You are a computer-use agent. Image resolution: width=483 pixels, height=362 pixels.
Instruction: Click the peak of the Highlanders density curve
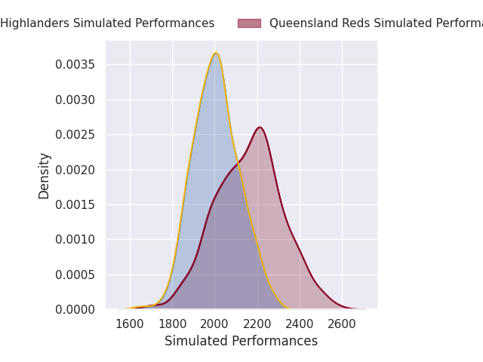216,53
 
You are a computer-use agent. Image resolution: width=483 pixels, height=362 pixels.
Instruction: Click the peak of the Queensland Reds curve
259,127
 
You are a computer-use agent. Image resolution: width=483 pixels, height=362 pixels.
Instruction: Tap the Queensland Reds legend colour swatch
249,23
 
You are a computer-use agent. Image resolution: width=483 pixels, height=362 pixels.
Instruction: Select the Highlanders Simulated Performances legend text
107,23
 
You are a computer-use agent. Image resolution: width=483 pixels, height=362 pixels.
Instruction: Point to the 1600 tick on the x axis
130,324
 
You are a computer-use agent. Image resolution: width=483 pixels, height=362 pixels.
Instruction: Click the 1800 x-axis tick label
173,324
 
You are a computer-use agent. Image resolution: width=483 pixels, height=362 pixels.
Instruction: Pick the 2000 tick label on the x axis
215,324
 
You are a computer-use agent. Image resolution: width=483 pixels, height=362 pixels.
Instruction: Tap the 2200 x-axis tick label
257,324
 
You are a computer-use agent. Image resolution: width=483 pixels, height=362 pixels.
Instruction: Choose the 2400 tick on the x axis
300,324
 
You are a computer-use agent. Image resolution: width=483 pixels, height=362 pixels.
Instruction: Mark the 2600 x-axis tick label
343,324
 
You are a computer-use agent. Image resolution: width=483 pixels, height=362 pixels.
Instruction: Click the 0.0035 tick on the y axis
75,65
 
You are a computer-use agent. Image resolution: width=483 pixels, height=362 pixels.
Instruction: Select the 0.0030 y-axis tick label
75,100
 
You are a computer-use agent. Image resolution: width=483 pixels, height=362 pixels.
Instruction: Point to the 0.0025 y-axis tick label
75,135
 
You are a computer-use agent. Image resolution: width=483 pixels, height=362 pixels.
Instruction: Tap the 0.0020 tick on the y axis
75,170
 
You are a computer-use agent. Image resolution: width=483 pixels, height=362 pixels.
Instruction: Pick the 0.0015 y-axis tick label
75,204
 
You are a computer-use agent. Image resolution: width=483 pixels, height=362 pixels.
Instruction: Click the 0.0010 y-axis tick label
75,240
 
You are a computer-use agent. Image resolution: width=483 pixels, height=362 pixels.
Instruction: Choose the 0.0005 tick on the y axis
75,275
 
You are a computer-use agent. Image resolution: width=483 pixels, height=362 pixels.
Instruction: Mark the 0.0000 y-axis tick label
75,309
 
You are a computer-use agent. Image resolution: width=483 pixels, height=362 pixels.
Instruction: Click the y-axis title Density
45,175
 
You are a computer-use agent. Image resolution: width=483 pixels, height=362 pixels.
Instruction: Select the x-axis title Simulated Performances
241,342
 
